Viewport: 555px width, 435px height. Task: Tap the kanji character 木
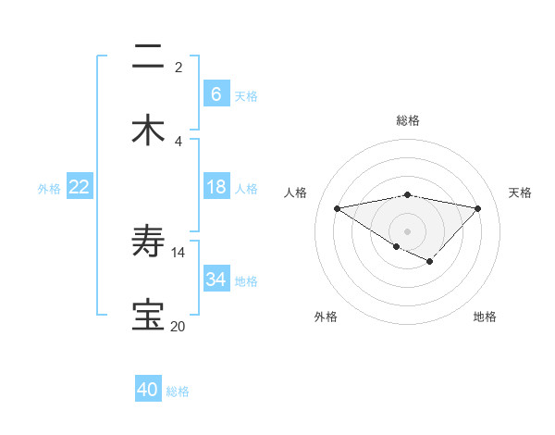[x=148, y=130]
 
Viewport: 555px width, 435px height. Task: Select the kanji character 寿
[x=148, y=242]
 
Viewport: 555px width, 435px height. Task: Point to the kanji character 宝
[x=148, y=315]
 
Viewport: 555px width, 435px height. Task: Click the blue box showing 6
[x=216, y=94]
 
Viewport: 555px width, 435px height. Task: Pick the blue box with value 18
[x=216, y=187]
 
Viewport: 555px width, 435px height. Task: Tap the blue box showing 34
[x=216, y=279]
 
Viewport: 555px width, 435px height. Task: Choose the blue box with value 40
[x=148, y=390]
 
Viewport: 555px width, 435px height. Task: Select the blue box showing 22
[x=80, y=187]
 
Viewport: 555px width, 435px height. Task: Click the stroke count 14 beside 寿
[x=179, y=252]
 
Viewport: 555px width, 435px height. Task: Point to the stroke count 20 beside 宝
[x=179, y=326]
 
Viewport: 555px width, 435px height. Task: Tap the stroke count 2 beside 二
[x=179, y=67]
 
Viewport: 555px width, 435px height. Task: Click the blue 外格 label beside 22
[x=49, y=188]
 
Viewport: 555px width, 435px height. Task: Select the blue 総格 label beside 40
[x=178, y=391]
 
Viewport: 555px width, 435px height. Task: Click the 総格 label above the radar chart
[x=408, y=120]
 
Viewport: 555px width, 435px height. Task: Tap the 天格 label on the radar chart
[x=520, y=193]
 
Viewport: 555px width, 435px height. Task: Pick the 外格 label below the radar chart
[x=326, y=317]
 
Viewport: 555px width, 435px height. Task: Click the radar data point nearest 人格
[x=337, y=207]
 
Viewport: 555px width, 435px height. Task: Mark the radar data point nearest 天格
[x=478, y=208]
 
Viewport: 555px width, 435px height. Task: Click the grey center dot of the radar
[x=407, y=230]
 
